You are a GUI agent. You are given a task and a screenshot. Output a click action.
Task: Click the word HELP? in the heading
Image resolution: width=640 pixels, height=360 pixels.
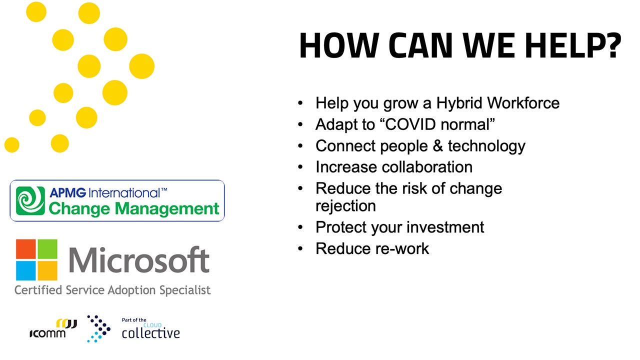(x=573, y=45)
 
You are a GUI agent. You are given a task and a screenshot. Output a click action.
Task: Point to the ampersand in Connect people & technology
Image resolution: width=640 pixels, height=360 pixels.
(x=437, y=145)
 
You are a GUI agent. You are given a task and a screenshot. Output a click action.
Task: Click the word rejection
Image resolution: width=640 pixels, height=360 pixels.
(x=345, y=205)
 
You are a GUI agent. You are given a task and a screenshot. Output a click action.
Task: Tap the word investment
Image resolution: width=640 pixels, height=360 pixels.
(x=445, y=227)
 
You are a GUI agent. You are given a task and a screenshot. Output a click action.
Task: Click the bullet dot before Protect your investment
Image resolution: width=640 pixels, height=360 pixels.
(x=300, y=227)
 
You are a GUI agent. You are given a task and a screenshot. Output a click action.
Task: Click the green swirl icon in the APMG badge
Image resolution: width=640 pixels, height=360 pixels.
(x=30, y=200)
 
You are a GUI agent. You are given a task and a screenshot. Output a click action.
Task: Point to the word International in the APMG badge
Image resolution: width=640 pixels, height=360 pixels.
(x=124, y=193)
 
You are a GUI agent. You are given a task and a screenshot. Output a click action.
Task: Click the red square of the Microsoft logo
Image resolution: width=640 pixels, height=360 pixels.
(x=25, y=249)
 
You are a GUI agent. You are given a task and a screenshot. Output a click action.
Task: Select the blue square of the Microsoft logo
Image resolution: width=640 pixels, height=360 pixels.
(x=25, y=270)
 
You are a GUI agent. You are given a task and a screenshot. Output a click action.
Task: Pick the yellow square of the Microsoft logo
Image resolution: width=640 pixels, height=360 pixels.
(x=47, y=270)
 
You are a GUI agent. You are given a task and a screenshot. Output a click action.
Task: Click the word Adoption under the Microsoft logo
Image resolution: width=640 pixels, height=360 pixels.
(x=131, y=290)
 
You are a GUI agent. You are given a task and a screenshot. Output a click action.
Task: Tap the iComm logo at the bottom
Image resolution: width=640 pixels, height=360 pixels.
(x=53, y=328)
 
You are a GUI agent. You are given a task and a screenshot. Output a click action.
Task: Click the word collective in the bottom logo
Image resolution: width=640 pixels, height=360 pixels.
(x=151, y=333)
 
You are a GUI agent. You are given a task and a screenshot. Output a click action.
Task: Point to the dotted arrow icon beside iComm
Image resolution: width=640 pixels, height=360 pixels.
(x=99, y=328)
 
